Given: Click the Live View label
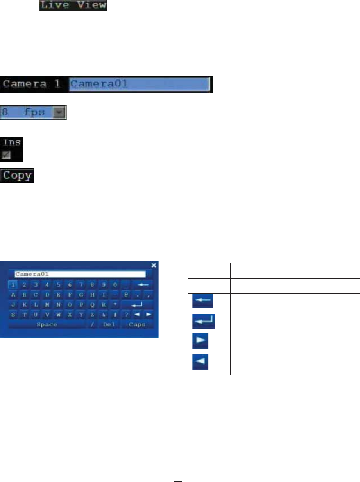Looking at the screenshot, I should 73,5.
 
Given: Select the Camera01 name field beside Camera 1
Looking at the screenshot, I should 139,84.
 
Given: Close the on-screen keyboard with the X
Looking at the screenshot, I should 154,265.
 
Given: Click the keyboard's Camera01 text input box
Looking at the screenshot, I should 80,274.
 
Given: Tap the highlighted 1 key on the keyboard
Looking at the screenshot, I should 14,284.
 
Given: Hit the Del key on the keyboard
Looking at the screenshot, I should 108,325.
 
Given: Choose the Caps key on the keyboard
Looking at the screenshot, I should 138,325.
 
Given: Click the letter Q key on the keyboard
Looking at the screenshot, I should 93,304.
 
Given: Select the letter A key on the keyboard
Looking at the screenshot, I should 14,294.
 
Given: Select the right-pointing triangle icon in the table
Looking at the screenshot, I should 200,341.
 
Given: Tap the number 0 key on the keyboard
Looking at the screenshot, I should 115,284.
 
